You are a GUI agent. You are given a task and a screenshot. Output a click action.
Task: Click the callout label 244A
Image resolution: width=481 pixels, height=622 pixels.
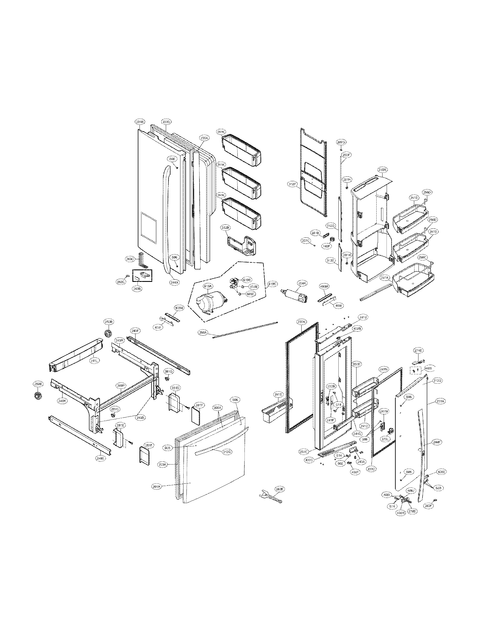pos(174,282)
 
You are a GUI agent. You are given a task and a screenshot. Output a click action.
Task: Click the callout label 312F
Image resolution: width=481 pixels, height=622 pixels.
pos(292,184)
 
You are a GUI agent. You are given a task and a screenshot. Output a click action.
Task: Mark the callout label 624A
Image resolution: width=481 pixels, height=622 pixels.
pos(302,283)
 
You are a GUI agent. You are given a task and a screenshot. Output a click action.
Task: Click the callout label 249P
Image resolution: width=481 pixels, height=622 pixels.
pos(121,386)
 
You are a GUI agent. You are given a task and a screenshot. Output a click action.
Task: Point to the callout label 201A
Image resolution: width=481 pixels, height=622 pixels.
pos(157,487)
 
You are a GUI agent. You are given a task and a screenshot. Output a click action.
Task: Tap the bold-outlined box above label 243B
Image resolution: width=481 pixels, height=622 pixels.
pos(142,275)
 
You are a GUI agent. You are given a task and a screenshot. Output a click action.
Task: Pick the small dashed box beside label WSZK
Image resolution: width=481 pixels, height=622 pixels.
pos(415,371)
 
